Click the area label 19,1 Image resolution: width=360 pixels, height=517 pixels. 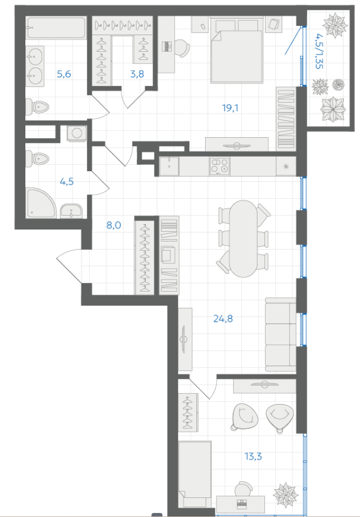coord(230,108)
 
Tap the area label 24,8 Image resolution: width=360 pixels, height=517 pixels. coord(223,319)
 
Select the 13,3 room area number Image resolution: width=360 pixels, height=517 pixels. coord(253,456)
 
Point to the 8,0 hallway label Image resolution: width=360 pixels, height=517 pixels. coord(113,225)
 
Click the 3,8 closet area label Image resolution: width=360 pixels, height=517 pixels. coord(137,74)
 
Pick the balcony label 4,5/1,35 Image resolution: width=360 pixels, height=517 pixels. coord(319,51)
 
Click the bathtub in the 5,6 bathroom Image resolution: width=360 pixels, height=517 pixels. coord(56,28)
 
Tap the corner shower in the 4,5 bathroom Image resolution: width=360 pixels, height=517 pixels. coord(41,203)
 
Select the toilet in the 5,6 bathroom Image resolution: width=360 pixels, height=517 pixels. coord(37,107)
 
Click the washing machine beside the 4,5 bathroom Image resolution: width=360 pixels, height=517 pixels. coord(77,133)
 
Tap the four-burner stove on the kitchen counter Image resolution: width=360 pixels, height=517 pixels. coord(219,166)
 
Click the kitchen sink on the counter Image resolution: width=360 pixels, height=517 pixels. coord(169,166)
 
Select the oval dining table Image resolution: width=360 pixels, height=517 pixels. coord(244,239)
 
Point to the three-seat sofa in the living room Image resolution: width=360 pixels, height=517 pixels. coord(281,334)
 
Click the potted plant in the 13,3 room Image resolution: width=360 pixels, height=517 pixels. coord(286,494)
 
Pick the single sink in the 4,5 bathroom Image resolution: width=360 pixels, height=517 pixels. coord(71,211)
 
